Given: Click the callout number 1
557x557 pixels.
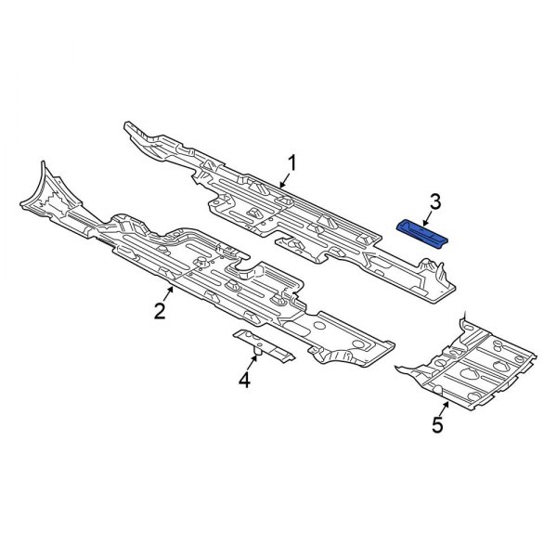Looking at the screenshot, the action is click(x=291, y=163).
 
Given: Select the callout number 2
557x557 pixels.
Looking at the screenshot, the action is click(x=160, y=310).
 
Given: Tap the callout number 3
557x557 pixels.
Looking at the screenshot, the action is click(x=435, y=201).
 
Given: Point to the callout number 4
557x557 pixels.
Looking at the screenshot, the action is click(x=244, y=380).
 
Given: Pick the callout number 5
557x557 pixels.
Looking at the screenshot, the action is click(x=437, y=424).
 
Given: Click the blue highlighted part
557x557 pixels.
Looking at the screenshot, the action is click(x=422, y=235).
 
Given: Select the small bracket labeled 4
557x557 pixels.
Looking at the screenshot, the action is click(x=264, y=346).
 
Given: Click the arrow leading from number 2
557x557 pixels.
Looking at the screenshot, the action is click(x=169, y=293).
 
